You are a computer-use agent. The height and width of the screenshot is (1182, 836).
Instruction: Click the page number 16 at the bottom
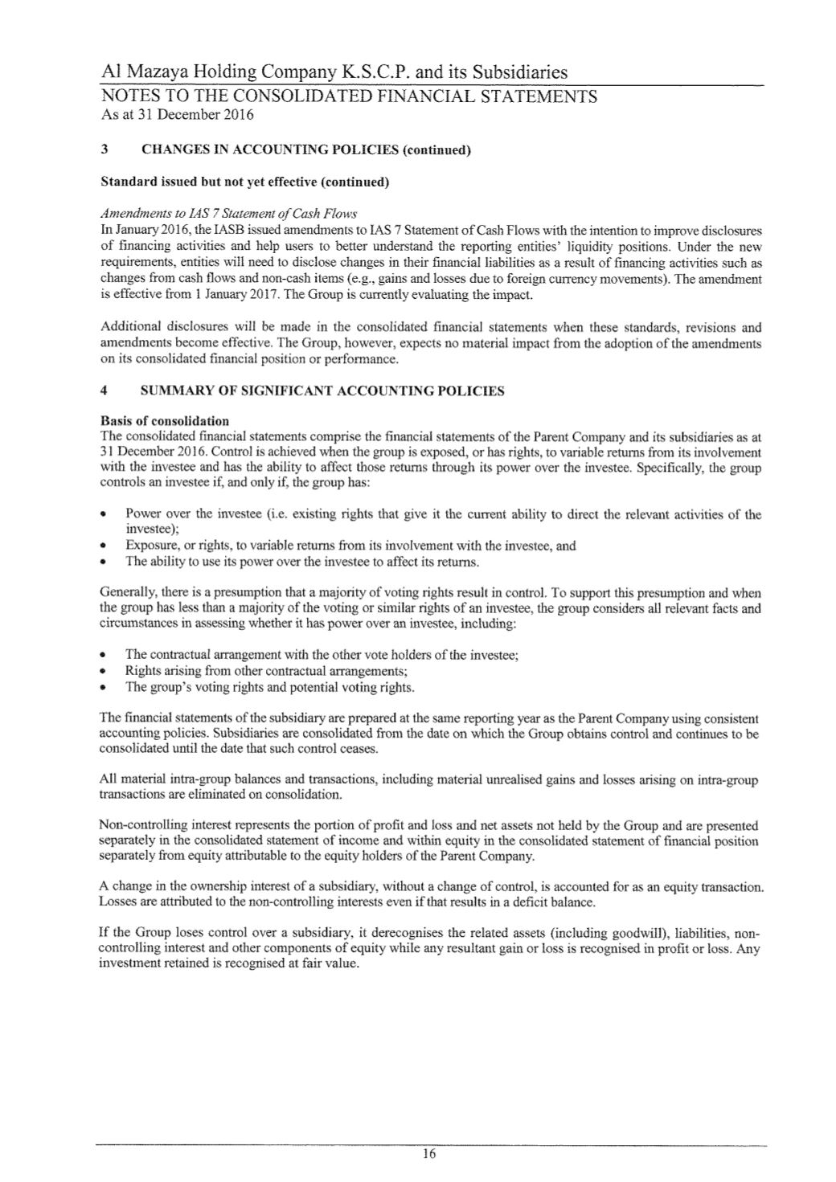428,1155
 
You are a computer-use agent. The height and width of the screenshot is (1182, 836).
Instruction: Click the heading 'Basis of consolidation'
164,420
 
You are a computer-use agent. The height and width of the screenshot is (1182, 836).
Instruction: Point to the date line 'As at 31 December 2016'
177,115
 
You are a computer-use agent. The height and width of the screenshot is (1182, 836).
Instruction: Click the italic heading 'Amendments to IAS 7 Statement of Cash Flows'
229,214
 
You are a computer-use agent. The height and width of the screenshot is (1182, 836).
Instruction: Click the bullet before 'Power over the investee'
104,514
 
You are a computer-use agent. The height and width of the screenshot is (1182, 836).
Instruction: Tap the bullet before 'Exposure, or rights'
104,546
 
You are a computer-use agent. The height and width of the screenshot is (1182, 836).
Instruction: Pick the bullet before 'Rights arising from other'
104,671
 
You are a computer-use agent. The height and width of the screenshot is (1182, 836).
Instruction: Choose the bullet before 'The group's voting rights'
104,688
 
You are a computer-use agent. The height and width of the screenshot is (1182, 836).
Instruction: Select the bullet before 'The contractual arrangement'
104,655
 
